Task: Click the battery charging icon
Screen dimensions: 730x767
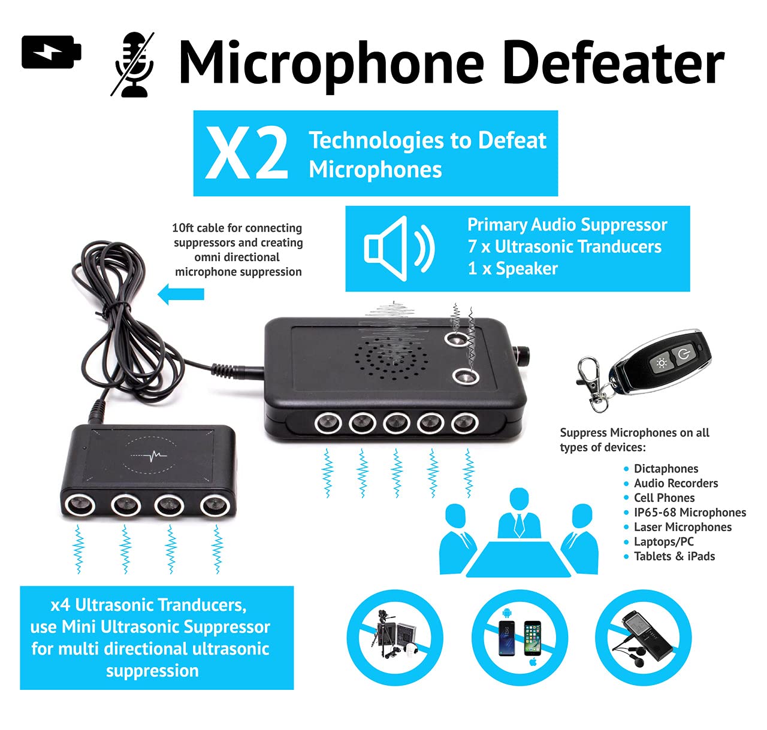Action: pos(51,52)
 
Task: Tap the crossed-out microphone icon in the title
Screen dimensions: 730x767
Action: pos(133,65)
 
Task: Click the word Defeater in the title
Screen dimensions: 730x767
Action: pos(614,63)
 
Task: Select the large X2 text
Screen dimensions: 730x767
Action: pos(246,154)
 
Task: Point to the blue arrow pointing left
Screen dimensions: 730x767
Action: pos(181,295)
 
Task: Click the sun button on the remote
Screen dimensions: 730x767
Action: pos(661,363)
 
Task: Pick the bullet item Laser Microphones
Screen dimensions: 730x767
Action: pos(683,527)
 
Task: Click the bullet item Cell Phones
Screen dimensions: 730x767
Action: pos(664,498)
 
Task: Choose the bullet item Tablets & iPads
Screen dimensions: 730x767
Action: pos(674,556)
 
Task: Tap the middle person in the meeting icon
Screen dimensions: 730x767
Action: pos(519,516)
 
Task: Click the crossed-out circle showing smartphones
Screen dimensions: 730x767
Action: pos(520,637)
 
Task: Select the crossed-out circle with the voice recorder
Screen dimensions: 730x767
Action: pos(642,637)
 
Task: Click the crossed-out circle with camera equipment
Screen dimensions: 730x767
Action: pos(394,637)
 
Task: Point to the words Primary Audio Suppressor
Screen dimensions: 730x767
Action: pos(567,225)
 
